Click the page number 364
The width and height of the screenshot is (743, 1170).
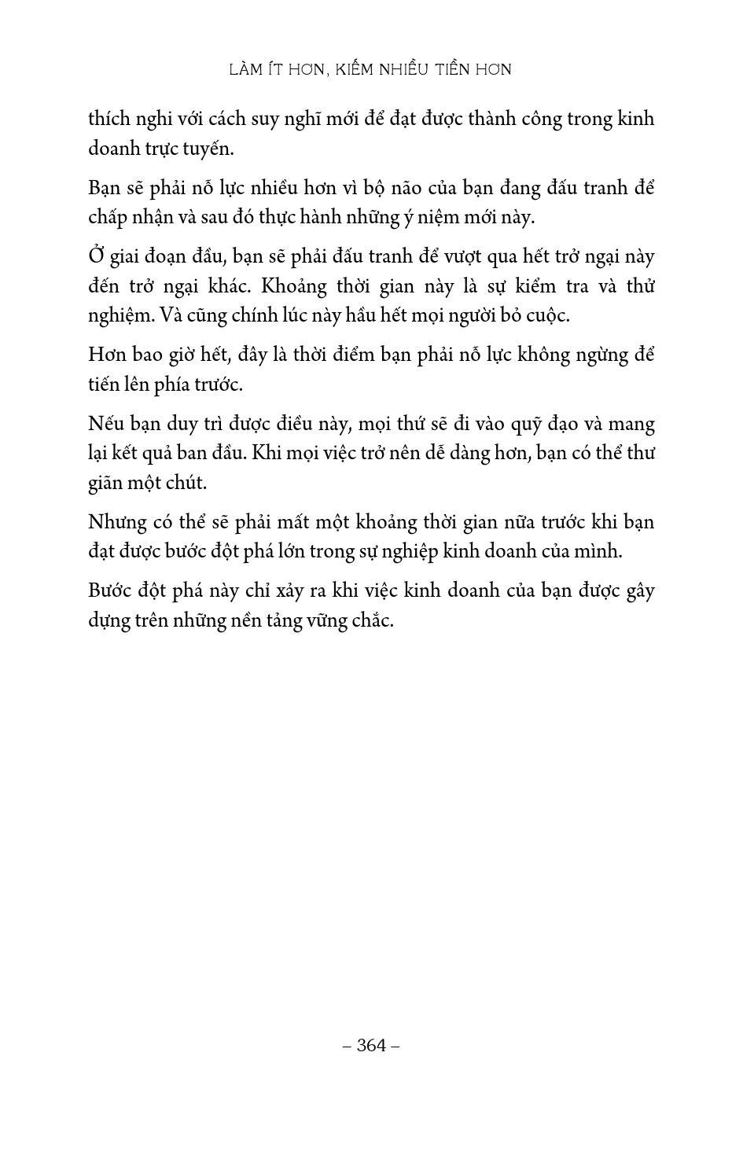pyautogui.click(x=371, y=1045)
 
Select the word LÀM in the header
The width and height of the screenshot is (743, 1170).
pyautogui.click(x=246, y=69)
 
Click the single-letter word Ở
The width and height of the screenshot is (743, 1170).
pyautogui.click(x=96, y=256)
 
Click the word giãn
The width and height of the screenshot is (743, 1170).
pyautogui.click(x=105, y=483)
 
